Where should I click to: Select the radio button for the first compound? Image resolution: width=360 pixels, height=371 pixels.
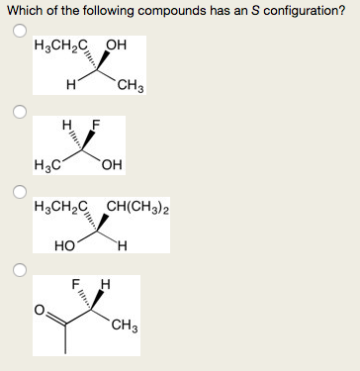point(19,31)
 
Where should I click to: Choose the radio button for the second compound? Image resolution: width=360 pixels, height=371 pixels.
point(19,111)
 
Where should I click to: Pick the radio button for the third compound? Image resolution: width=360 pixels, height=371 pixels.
point(19,190)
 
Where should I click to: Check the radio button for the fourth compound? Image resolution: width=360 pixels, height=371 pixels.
point(19,269)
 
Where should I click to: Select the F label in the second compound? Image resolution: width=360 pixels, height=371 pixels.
point(96,125)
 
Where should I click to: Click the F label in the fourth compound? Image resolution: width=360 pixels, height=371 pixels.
point(74,285)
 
